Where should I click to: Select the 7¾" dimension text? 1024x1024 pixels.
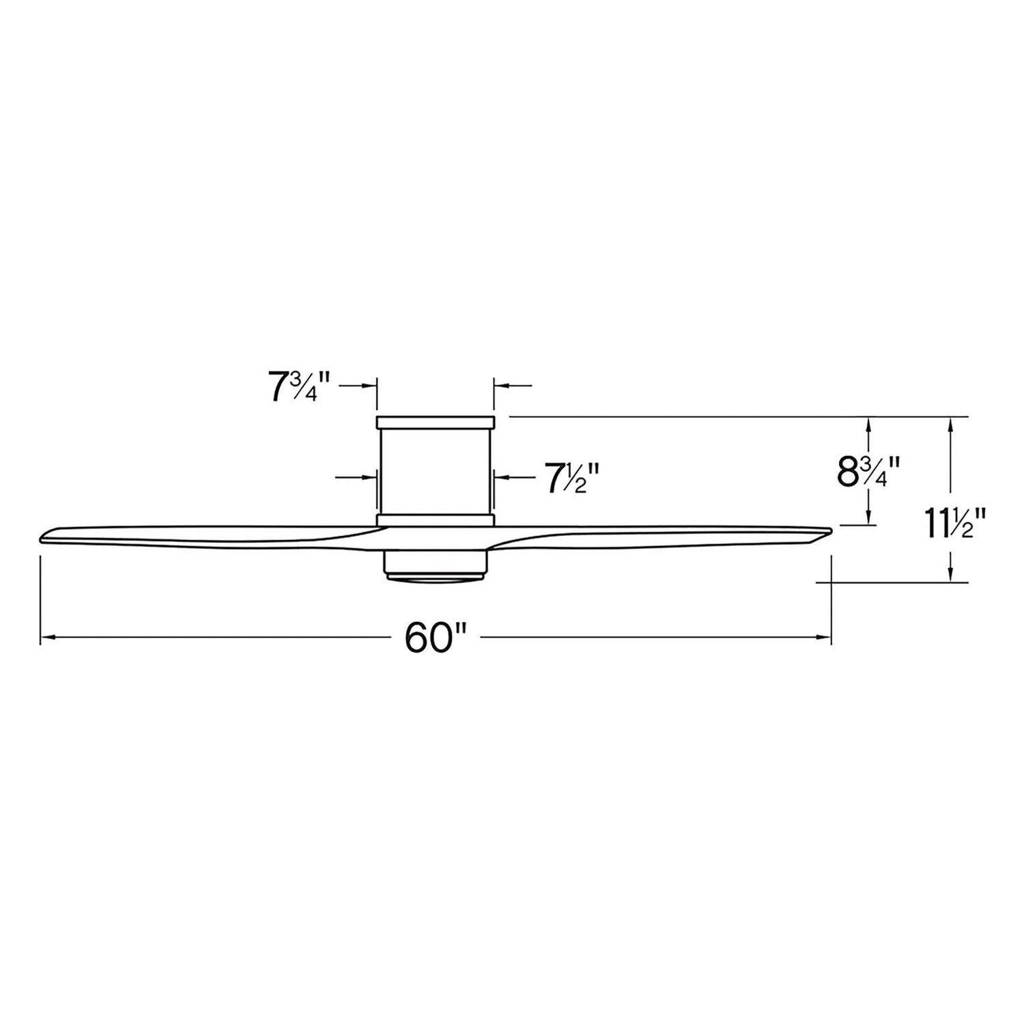[299, 387]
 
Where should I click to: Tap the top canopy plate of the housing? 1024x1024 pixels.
[435, 423]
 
